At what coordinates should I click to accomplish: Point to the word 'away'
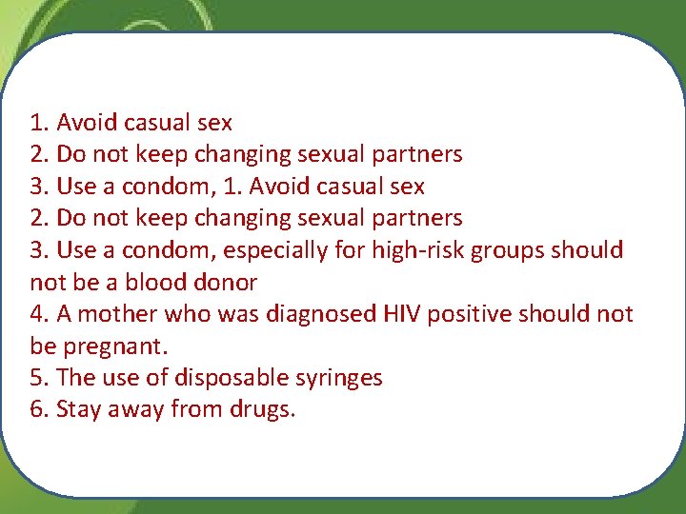[134, 410]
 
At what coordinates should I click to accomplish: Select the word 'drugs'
[262, 410]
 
